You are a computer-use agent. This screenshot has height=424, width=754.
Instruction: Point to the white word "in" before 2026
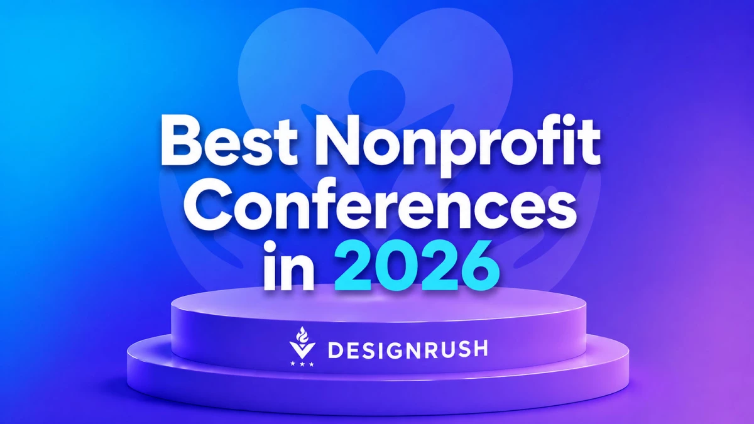[289, 266]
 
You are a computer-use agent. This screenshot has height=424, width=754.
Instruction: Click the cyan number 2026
[417, 266]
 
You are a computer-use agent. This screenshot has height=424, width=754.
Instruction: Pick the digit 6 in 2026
[479, 266]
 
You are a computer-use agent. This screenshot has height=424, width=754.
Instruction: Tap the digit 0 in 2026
[396, 266]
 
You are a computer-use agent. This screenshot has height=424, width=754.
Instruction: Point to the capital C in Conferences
[208, 204]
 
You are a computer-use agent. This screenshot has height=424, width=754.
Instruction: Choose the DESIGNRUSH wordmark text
[408, 349]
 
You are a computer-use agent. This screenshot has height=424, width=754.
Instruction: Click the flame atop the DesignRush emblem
[302, 334]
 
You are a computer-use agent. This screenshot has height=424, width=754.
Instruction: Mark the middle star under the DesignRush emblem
[302, 364]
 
